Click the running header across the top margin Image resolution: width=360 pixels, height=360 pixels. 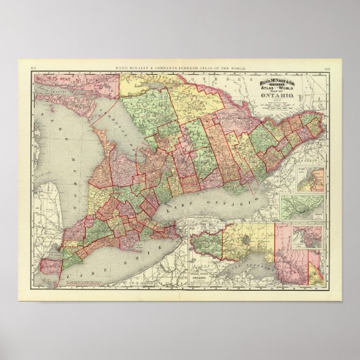179,66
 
